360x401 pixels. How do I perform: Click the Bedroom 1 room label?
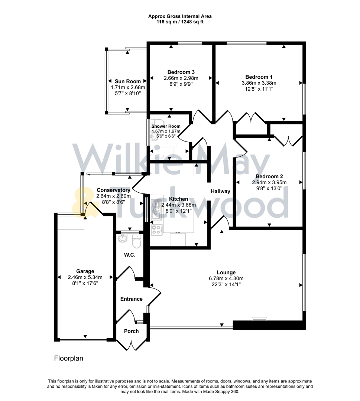[259, 77]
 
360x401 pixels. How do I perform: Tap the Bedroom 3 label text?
[181, 72]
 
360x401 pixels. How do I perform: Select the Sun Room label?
[128, 81]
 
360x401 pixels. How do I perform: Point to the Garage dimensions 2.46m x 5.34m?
[85, 277]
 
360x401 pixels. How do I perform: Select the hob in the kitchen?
[156, 230]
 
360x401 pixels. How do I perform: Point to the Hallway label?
[221, 192]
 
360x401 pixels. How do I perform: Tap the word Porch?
[131, 331]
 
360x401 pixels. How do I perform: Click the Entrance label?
[131, 299]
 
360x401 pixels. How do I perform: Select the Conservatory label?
[113, 190]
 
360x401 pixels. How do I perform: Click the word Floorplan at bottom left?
[69, 358]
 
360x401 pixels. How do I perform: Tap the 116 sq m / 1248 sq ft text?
[180, 22]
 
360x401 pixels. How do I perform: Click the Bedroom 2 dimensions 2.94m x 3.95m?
[269, 182]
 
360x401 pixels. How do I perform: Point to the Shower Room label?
[166, 126]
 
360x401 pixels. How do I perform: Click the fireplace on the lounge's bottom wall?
[259, 319]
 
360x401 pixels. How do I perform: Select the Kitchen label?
[178, 199]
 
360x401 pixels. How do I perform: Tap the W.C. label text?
[130, 255]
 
